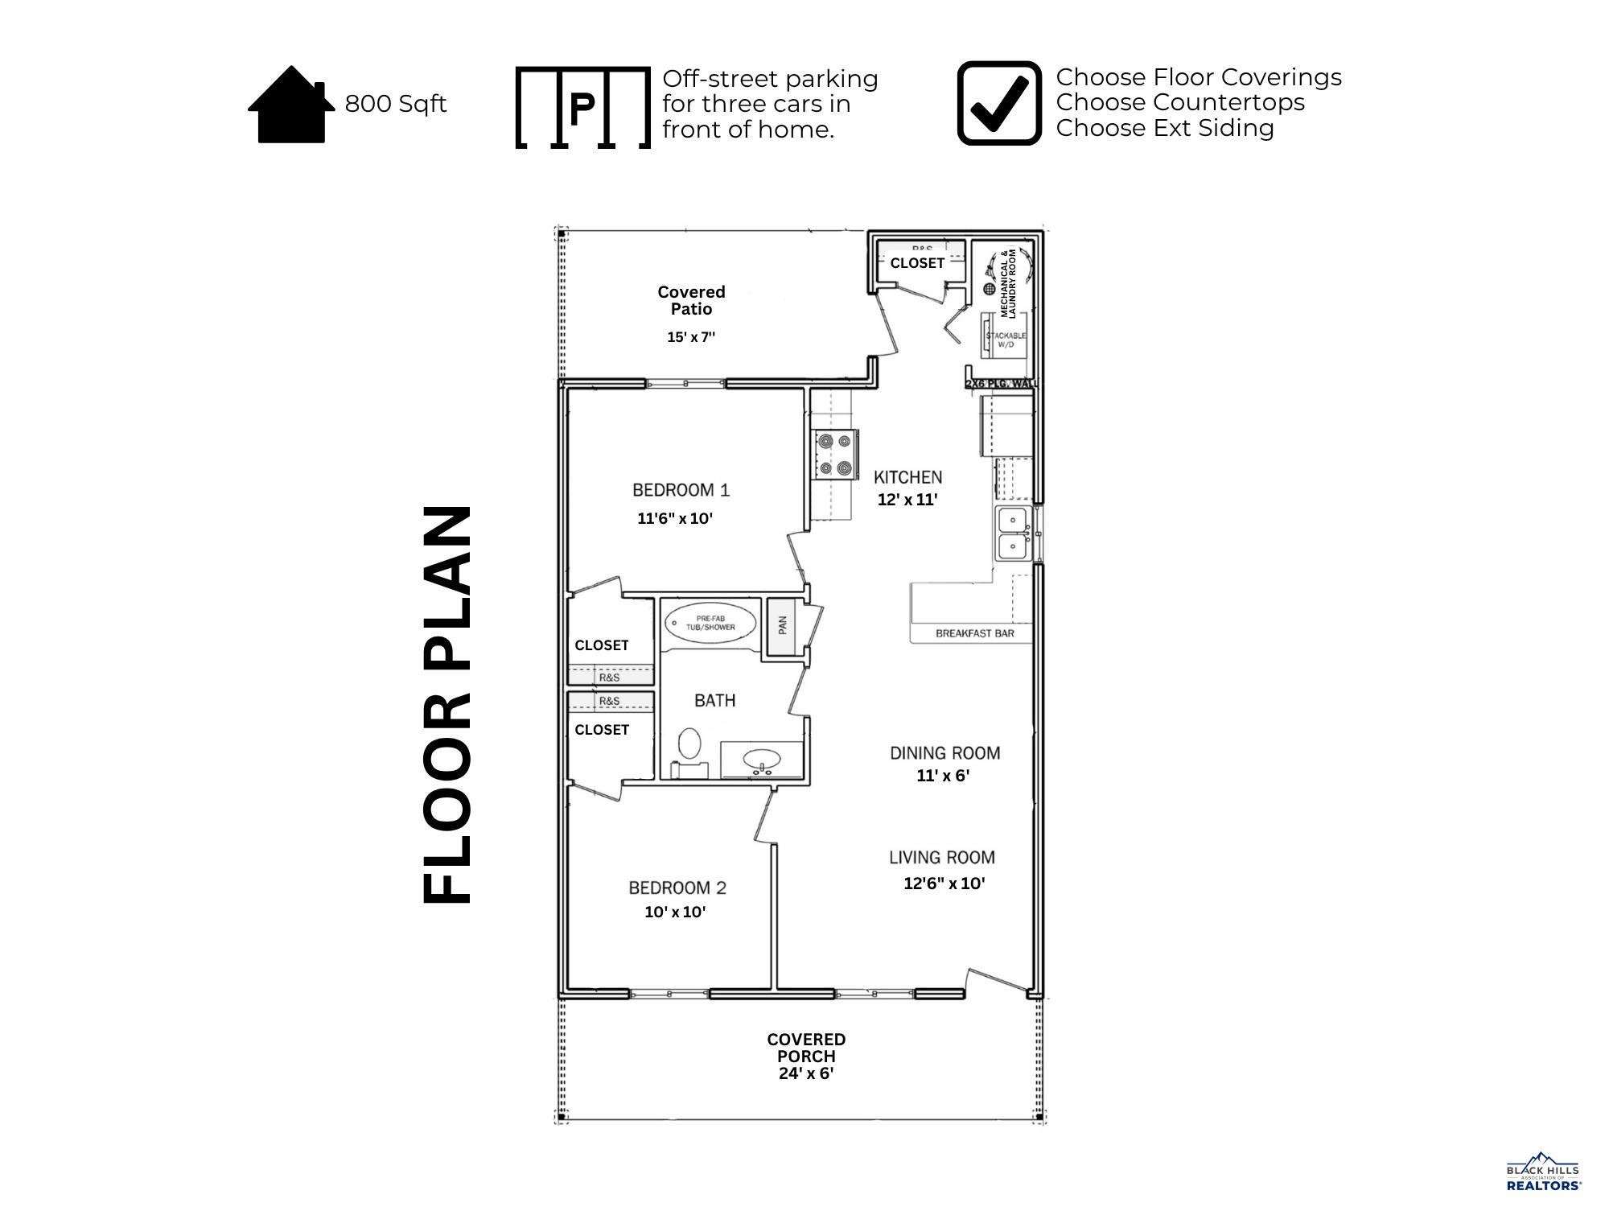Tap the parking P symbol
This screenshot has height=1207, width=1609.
(582, 108)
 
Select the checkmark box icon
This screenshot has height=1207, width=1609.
(999, 103)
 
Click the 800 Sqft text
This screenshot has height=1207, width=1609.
(395, 104)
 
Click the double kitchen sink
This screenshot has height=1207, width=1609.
(1013, 533)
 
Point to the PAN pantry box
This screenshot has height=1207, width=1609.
(781, 626)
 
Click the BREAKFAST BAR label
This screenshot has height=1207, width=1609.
(974, 633)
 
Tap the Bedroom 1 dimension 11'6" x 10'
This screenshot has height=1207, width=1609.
(675, 518)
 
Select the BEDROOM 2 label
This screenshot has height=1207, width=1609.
(677, 888)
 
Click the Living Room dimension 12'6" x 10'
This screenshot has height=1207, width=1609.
(944, 883)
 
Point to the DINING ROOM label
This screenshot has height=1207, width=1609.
(944, 753)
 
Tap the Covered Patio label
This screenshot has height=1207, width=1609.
(691, 300)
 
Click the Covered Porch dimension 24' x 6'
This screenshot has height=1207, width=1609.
(805, 1073)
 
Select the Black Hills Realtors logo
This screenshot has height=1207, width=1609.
(1542, 1172)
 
